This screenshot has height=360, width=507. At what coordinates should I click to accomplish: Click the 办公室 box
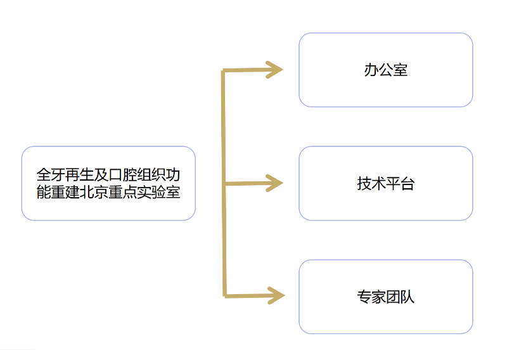[385, 70]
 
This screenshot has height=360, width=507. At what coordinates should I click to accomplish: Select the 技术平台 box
[385, 183]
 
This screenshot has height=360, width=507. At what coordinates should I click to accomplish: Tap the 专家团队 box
[385, 297]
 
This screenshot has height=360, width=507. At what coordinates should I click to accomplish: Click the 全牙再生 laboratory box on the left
[108, 183]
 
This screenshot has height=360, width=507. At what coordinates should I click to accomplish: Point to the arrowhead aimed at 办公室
[275, 70]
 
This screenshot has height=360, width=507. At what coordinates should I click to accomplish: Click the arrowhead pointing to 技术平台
[275, 183]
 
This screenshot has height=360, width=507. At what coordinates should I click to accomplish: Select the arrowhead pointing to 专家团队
[275, 295]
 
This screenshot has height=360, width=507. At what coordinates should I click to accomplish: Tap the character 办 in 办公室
[371, 70]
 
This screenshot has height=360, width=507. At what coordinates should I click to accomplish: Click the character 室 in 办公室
[401, 70]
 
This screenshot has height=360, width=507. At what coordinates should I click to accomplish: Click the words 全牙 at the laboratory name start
[51, 174]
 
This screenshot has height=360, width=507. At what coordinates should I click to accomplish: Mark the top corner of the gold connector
[223, 72]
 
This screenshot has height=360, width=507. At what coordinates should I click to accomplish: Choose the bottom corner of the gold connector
[225, 295]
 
